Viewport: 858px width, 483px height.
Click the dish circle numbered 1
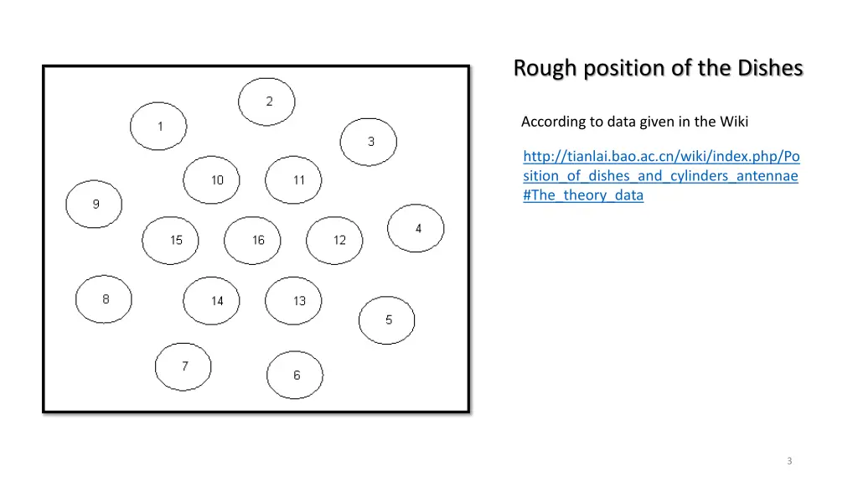158,127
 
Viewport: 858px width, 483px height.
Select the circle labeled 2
266,102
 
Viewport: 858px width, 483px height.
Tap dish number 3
369,142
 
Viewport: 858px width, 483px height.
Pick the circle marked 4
416,228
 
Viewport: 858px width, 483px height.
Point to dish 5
387,319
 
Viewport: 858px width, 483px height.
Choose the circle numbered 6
295,375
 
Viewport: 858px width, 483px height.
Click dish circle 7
183,366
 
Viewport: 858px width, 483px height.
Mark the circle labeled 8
104,299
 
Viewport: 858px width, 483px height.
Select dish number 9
94,204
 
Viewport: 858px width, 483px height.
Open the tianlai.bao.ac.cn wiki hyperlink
661,176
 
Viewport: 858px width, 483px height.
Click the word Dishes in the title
768,68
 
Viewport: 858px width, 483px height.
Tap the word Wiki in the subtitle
733,122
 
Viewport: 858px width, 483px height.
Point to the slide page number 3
789,461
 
